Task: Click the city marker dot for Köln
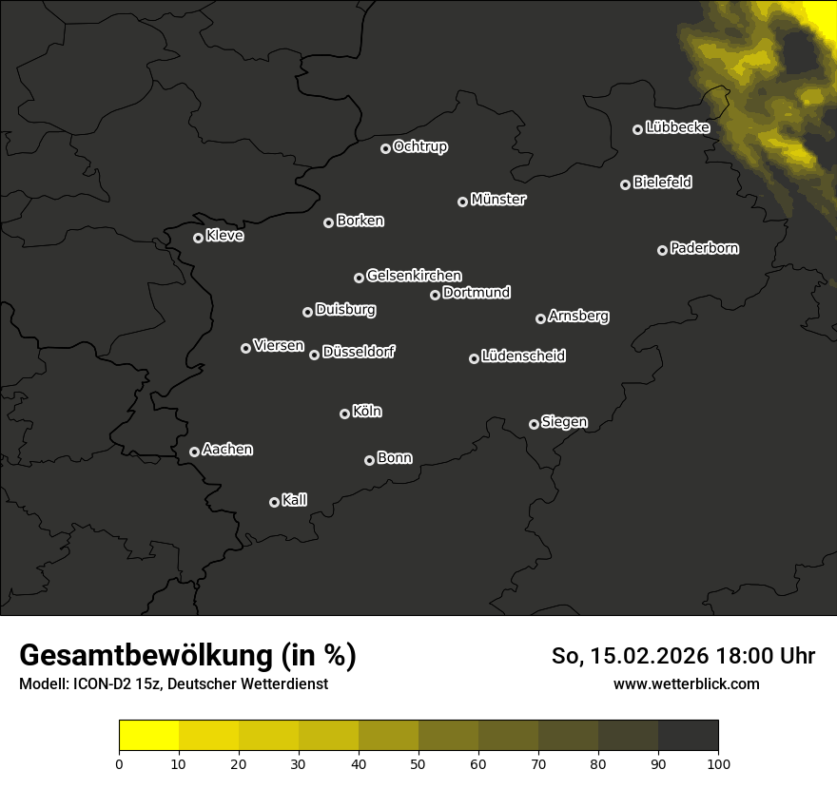(344, 414)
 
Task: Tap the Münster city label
(498, 200)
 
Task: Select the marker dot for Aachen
(194, 452)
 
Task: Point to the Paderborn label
(704, 248)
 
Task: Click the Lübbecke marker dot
(637, 129)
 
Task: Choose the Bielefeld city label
(662, 183)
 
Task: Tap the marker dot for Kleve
(198, 238)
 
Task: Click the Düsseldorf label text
(359, 352)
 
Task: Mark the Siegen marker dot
(534, 424)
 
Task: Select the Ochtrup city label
(420, 146)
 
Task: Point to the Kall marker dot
(274, 502)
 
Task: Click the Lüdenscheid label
(523, 356)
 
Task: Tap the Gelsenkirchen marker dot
(359, 278)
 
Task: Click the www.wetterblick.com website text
(686, 683)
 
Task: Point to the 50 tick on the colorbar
(418, 762)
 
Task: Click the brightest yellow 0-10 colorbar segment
(148, 736)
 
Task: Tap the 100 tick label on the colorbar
(718, 762)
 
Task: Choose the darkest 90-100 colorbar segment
(688, 736)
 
